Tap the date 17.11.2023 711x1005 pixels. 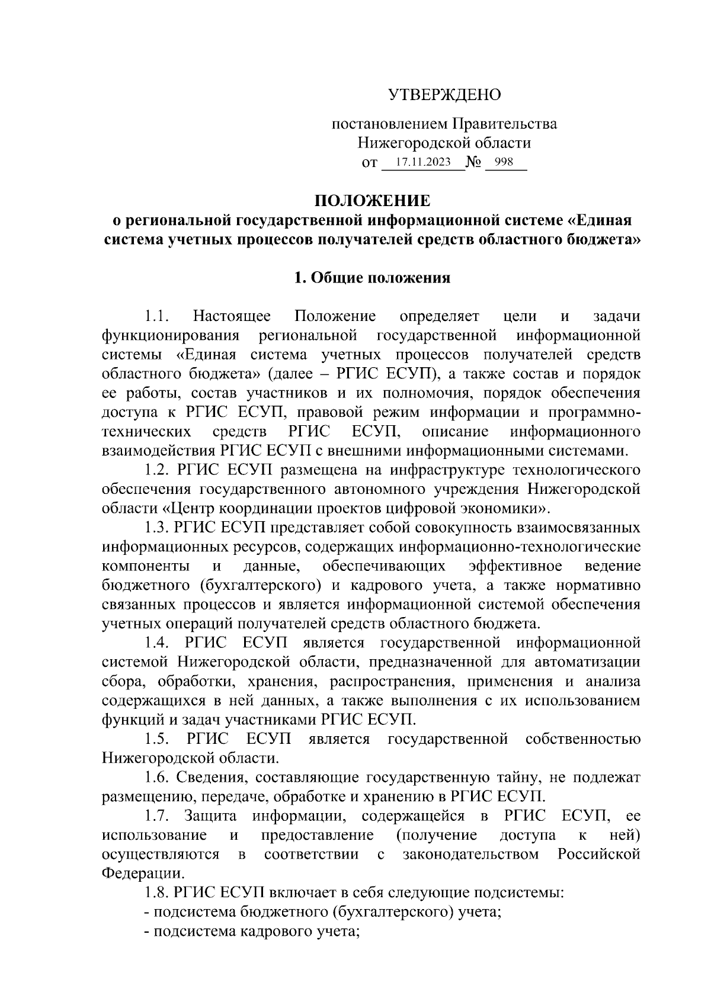click(x=423, y=162)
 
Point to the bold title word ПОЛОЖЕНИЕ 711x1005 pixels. click(x=371, y=201)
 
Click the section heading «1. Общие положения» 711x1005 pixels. click(x=372, y=278)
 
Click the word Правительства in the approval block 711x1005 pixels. click(x=505, y=124)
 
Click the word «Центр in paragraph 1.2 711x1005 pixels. click(x=188, y=508)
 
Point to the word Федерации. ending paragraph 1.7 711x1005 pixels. click(x=143, y=874)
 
